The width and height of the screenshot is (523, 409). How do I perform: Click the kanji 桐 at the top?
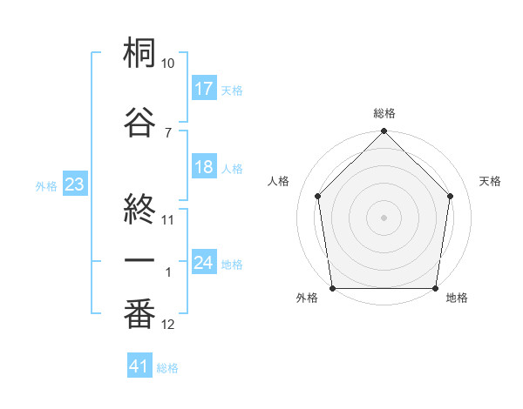139,54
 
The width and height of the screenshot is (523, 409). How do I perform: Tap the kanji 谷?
139,122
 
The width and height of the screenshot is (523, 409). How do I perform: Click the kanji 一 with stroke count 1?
139,261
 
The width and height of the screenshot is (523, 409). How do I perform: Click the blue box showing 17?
204,88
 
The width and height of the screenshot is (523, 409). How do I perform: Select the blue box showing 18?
204,168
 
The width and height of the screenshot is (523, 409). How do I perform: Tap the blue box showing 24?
204,263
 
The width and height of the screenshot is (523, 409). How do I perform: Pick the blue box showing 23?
74,185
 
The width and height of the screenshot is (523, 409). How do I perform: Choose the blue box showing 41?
139,366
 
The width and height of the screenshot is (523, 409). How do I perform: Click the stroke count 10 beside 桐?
168,64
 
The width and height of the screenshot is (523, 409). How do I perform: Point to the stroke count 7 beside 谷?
168,132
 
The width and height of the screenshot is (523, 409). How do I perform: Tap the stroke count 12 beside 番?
168,325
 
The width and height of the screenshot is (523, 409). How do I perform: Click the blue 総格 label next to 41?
167,368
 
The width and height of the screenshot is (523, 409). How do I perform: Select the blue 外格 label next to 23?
45,186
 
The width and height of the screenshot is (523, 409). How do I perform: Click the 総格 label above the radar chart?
384,113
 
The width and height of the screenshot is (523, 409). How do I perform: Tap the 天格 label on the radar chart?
490,181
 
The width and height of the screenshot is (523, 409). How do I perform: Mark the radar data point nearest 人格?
317,196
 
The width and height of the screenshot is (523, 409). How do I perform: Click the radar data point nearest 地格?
436,288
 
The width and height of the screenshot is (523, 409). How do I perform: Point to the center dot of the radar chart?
384,217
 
